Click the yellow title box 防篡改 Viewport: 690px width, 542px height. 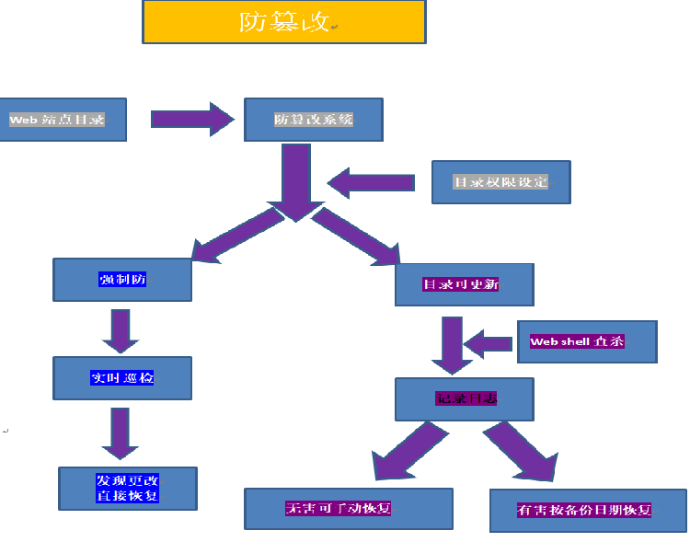[283, 22]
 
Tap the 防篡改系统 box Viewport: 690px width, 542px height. [313, 120]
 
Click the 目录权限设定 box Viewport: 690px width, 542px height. [500, 182]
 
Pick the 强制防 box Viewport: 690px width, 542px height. [122, 280]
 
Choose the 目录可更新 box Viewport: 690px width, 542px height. [464, 285]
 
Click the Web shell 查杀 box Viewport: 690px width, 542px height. [587, 341]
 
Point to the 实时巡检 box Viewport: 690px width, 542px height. [122, 378]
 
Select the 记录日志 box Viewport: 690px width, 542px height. [464, 398]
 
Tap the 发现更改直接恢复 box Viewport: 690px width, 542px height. [127, 489]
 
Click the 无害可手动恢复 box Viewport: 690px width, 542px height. [348, 509]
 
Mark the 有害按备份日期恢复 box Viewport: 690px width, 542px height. [588, 510]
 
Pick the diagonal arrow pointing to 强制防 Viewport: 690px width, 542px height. [235, 236]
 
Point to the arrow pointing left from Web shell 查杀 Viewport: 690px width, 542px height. [488, 344]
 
